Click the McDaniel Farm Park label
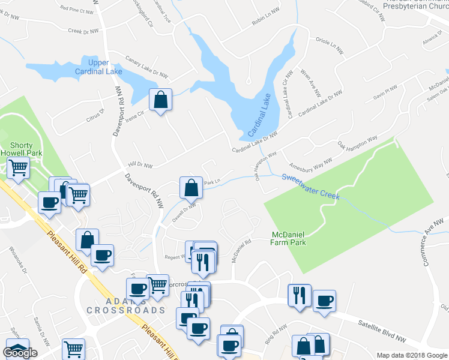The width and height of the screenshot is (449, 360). pos(288,238)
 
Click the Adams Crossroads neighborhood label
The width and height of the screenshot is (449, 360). pos(125,305)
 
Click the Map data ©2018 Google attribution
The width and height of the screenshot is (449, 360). pos(412,355)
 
